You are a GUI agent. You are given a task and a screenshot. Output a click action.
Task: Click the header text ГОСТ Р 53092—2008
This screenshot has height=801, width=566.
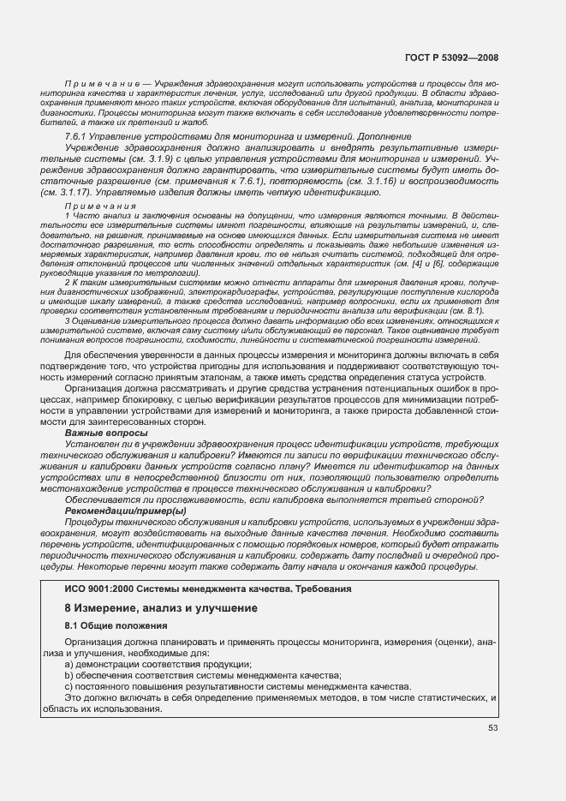point(452,58)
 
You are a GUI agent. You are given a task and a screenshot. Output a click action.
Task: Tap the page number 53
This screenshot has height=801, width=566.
point(492,728)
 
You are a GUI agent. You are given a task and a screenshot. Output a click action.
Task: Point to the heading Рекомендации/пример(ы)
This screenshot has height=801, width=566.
point(125,511)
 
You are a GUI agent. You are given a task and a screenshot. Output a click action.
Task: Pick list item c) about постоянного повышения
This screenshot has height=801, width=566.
point(237,686)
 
